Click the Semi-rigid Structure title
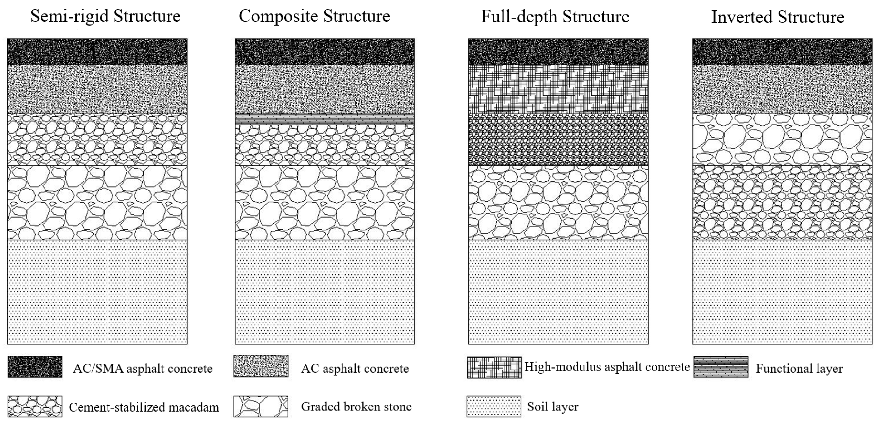(x=105, y=16)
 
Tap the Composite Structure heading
(x=314, y=16)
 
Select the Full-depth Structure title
(x=555, y=16)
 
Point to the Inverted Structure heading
(x=778, y=17)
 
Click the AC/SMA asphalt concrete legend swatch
(x=35, y=367)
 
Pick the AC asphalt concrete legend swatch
(x=261, y=366)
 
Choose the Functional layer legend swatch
(x=721, y=367)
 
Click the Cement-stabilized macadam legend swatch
(x=35, y=407)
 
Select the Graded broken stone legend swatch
(x=261, y=407)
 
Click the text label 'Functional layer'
(x=799, y=369)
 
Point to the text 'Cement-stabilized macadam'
(x=144, y=407)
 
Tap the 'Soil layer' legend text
(x=553, y=407)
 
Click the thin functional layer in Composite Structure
(x=325, y=119)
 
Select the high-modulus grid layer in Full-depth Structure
(x=558, y=89)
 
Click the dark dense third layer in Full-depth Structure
(x=558, y=140)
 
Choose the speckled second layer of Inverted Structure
(x=782, y=89)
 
